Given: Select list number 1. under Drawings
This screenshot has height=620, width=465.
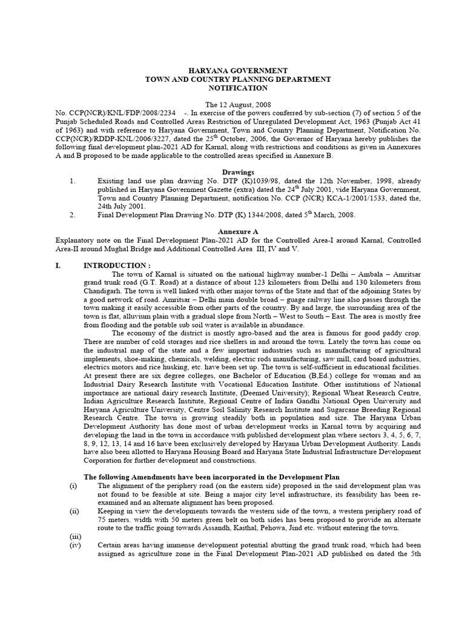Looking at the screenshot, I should [x=73, y=180].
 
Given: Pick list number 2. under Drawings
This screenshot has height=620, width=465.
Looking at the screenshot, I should [x=73, y=214].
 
